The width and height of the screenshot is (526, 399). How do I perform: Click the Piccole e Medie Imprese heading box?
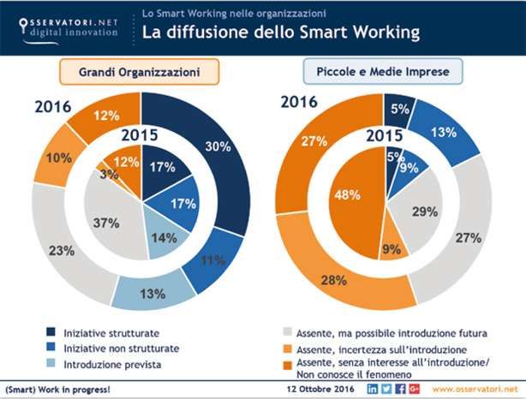(x=386, y=72)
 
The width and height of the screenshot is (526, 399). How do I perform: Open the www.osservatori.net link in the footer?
(x=475, y=390)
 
